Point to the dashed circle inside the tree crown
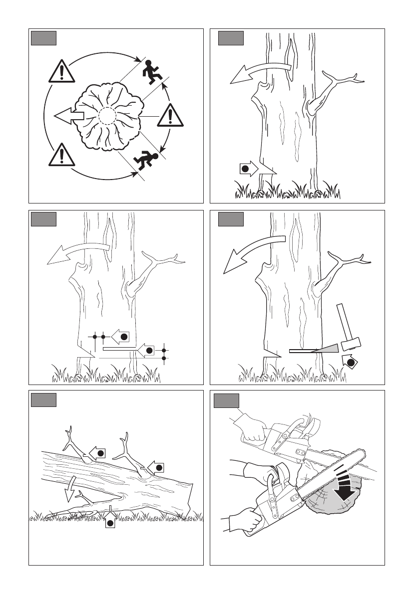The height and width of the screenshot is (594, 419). (x=107, y=116)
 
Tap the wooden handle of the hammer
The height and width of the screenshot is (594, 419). (x=343, y=322)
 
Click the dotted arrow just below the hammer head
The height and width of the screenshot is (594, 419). (x=351, y=362)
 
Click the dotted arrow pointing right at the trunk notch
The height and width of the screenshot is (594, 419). (x=249, y=168)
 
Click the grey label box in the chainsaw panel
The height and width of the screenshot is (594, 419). (x=226, y=400)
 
